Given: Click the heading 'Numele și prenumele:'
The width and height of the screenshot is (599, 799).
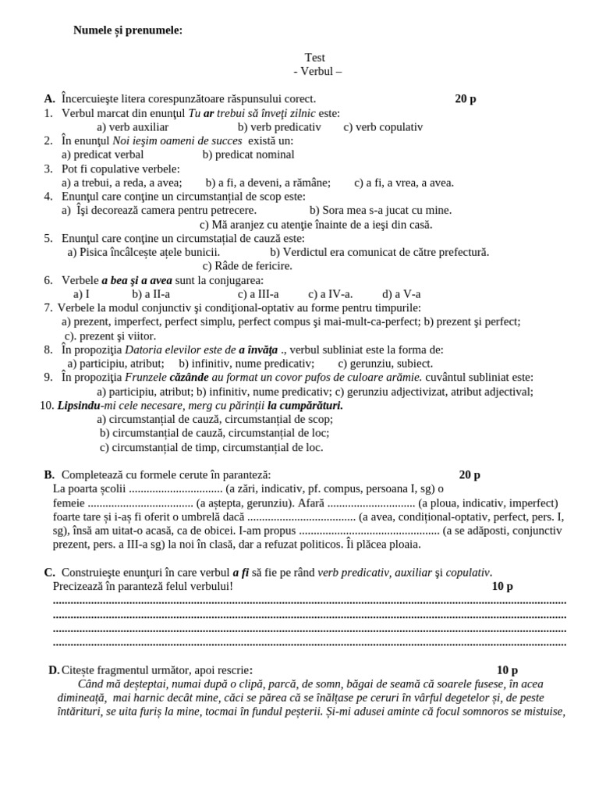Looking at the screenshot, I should [128, 30].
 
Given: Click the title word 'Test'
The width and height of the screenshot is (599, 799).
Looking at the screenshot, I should [315, 58].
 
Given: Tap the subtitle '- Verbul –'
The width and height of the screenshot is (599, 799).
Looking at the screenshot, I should [317, 71].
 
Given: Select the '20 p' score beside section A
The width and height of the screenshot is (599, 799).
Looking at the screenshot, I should [466, 99].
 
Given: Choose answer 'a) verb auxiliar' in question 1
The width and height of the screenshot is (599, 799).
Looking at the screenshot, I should [133, 127].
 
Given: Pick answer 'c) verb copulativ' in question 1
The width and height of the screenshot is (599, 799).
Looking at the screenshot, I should [383, 127].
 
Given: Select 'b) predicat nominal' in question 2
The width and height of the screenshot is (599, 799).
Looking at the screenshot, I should [248, 154].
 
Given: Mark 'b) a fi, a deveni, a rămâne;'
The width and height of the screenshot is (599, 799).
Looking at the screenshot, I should [268, 183].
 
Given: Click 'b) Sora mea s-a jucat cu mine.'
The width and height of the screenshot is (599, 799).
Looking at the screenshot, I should [381, 210].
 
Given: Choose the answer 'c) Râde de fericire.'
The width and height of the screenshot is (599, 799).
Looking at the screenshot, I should [247, 266].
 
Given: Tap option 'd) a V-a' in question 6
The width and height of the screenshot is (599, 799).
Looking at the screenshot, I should [402, 294].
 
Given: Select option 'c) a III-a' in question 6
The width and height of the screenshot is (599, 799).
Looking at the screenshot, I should [258, 294].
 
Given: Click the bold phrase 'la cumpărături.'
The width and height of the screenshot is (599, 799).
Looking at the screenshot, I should [305, 406].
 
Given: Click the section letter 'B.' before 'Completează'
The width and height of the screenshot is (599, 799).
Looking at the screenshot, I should [49, 475].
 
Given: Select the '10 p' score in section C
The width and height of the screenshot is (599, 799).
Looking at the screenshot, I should [502, 587].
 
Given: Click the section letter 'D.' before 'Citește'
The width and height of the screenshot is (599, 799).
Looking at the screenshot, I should [54, 670].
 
